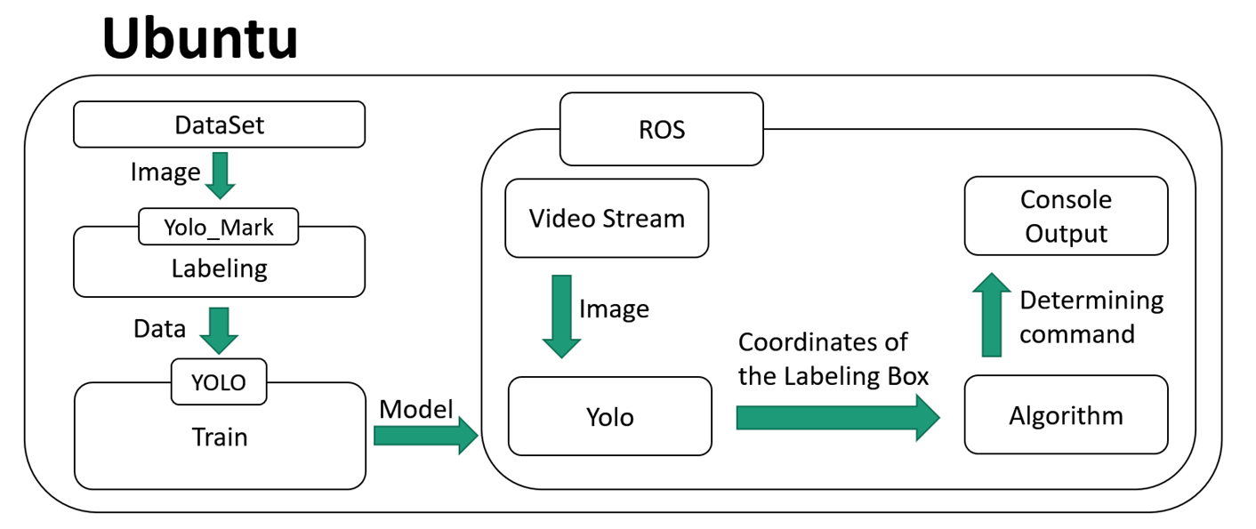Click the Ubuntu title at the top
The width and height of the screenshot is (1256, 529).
point(199,40)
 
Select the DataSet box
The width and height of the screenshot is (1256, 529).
point(219,124)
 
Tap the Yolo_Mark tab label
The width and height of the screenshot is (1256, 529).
point(219,228)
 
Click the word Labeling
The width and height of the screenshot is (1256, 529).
point(219,268)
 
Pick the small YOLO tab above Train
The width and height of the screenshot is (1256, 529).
point(219,382)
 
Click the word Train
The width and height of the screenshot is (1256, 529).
point(219,437)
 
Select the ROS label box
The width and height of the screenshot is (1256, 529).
point(661,130)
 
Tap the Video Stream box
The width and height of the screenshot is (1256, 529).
point(607,219)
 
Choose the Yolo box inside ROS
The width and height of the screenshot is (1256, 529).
point(609,416)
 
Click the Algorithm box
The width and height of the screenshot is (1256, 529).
point(1066,415)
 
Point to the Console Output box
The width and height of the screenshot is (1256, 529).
point(1066,216)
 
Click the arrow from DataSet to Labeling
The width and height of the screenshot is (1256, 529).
point(219,175)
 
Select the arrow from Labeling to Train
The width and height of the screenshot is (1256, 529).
point(219,331)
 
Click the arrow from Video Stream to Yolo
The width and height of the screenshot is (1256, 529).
point(561,316)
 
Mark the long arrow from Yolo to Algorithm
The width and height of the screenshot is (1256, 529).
point(836,417)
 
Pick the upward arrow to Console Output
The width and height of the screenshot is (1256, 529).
point(991,316)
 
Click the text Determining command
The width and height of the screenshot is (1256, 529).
point(1091,317)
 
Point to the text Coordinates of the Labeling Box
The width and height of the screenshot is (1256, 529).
point(833,359)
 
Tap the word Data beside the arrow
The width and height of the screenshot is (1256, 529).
point(159,329)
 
